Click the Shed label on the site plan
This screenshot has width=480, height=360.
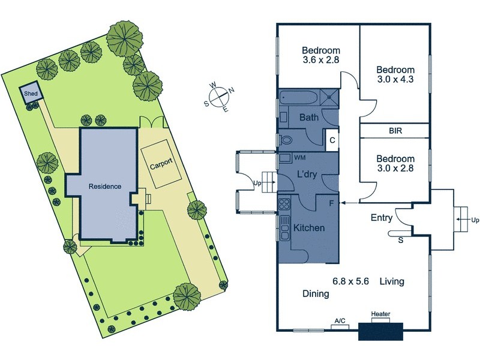point(31,94)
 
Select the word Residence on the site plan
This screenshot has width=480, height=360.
point(105,187)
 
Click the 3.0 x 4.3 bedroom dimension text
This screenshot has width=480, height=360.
point(395,80)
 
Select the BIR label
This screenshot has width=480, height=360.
point(395,131)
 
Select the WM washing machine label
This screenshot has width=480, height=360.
point(300,158)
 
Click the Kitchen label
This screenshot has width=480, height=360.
point(309,228)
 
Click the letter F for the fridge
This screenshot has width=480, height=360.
point(332,203)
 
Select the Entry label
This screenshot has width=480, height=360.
point(382,218)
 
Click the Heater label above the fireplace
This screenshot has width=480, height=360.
point(381,314)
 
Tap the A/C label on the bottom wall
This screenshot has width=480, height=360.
point(340,321)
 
